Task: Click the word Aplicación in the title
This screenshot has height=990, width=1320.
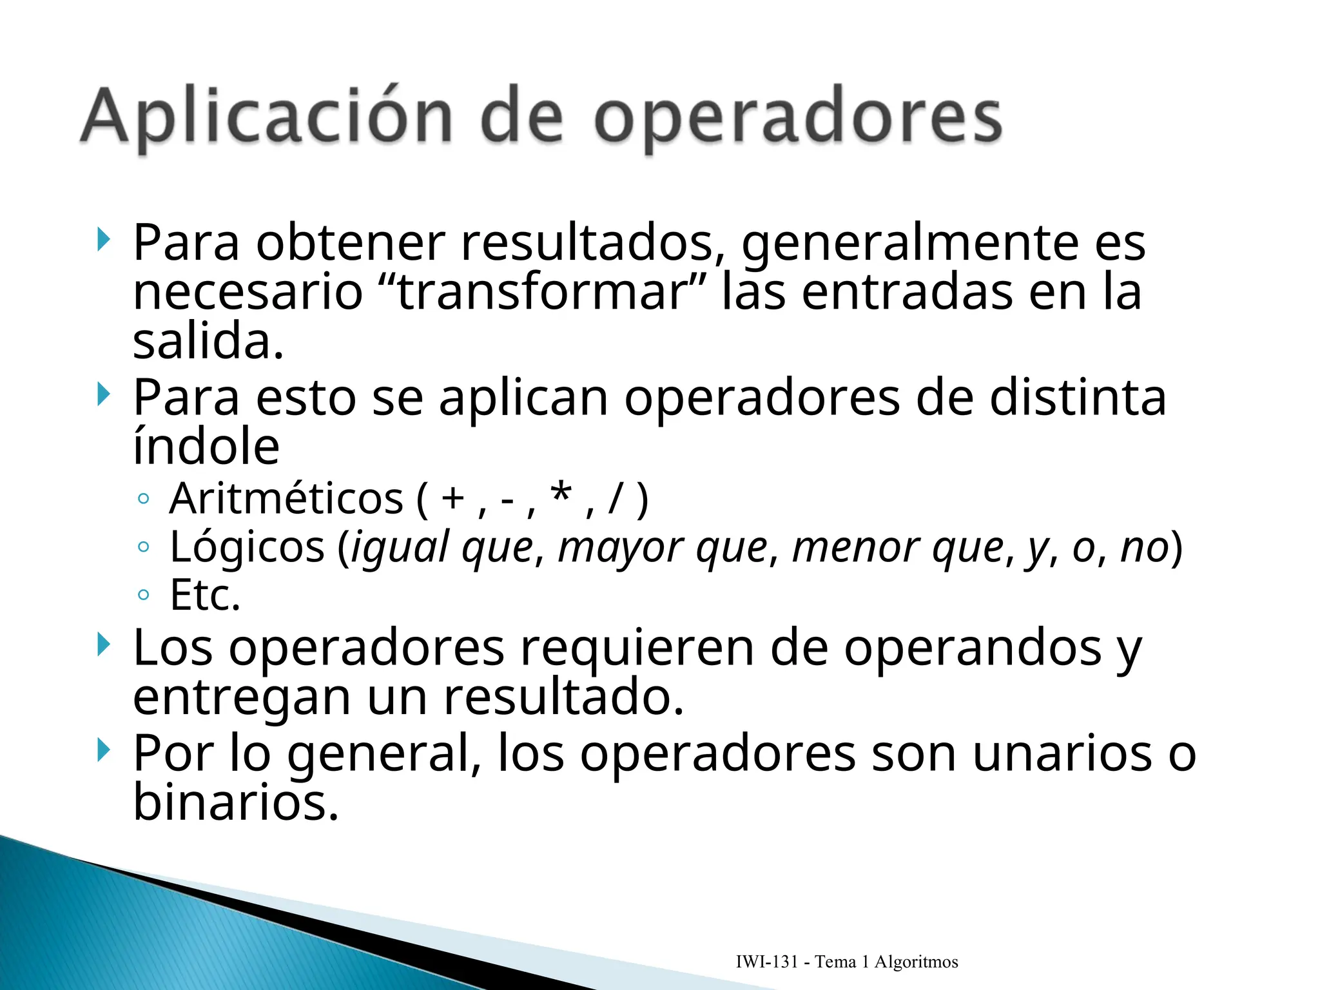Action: (266, 117)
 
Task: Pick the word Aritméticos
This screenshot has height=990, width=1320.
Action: (286, 499)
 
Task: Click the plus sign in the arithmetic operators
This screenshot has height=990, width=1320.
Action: (453, 498)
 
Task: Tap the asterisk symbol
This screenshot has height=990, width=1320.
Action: (561, 495)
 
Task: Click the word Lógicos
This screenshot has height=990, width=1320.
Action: (247, 547)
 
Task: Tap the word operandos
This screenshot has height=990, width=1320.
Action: (973, 648)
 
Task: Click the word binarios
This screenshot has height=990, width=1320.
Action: (235, 802)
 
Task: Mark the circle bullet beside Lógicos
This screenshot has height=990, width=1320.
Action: (144, 547)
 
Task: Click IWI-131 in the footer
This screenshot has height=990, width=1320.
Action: (766, 962)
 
